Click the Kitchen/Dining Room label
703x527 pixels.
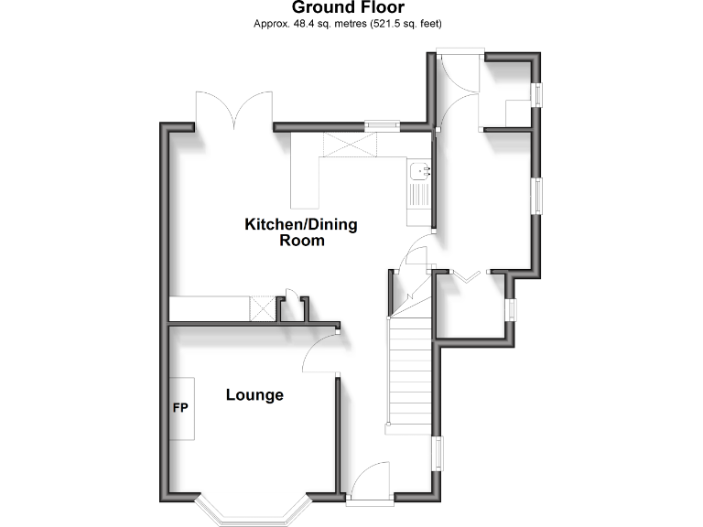click(x=301, y=232)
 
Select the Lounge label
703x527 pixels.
click(x=254, y=395)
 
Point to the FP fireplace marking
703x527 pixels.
click(x=179, y=407)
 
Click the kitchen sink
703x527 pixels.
click(x=421, y=171)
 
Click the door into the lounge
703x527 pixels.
click(x=320, y=352)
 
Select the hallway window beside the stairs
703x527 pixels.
click(x=438, y=453)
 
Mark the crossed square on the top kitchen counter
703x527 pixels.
click(x=349, y=145)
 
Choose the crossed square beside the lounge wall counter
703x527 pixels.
click(x=264, y=308)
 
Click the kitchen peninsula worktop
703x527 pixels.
click(x=304, y=183)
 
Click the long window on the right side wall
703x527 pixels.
click(x=538, y=195)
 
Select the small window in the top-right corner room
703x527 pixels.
click(x=538, y=95)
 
